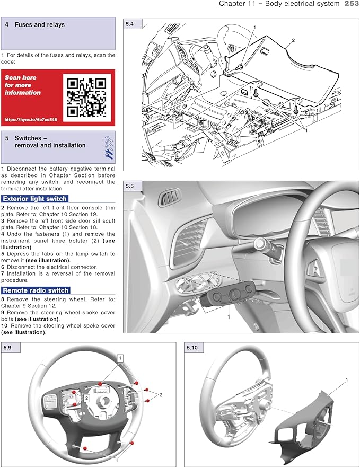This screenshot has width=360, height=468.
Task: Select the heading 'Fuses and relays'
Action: tap(40, 25)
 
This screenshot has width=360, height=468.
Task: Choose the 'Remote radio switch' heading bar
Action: tap(36, 290)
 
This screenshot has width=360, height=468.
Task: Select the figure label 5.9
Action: tap(8, 348)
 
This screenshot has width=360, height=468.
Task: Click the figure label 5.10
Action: tap(191, 348)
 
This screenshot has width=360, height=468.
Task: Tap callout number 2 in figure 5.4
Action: tap(293, 40)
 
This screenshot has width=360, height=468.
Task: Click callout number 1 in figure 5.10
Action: tap(347, 380)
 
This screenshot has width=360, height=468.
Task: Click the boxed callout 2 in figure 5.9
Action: tap(86, 396)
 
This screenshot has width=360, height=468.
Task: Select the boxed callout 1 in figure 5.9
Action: tap(120, 359)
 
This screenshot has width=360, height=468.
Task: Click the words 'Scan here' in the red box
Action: tap(19, 77)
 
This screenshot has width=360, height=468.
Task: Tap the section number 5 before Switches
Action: tap(7, 138)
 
